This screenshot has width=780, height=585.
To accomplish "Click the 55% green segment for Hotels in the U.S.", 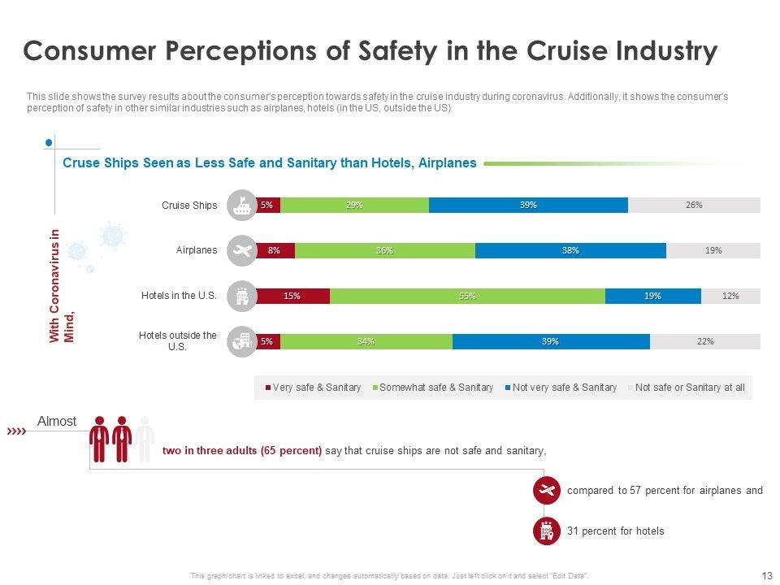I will pos(467,296).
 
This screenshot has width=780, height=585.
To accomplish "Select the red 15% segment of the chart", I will pos(292,296).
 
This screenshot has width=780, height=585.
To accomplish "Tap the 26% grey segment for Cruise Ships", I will pos(694,205).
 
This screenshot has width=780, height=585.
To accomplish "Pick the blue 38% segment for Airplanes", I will pos(570,250).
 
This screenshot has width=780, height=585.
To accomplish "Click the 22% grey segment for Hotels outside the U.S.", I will pos(705,341).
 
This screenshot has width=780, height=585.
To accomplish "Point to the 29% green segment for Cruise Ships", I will pos(354,205).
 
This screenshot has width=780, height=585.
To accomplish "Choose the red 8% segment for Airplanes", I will pos(275,250).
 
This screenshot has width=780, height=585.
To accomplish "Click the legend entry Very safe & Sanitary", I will pos(312,388).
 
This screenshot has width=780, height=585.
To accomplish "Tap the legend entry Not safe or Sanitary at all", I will pos(689,388).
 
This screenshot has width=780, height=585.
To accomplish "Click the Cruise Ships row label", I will pos(189,206).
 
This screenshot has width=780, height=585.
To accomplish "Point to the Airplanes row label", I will pos(197,250).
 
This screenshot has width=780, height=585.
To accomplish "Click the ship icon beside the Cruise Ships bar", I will pos(241,205).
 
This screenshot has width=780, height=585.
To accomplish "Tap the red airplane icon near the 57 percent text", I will pos(546,490).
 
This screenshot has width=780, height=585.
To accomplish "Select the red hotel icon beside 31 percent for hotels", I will pos(546,531).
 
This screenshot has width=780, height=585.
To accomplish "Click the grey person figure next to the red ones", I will pos(145,439).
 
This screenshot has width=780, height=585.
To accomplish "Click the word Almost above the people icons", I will pos(57,422).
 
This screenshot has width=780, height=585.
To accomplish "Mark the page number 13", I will pos(767,575).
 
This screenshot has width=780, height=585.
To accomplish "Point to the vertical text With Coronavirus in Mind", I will pos(62,286).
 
